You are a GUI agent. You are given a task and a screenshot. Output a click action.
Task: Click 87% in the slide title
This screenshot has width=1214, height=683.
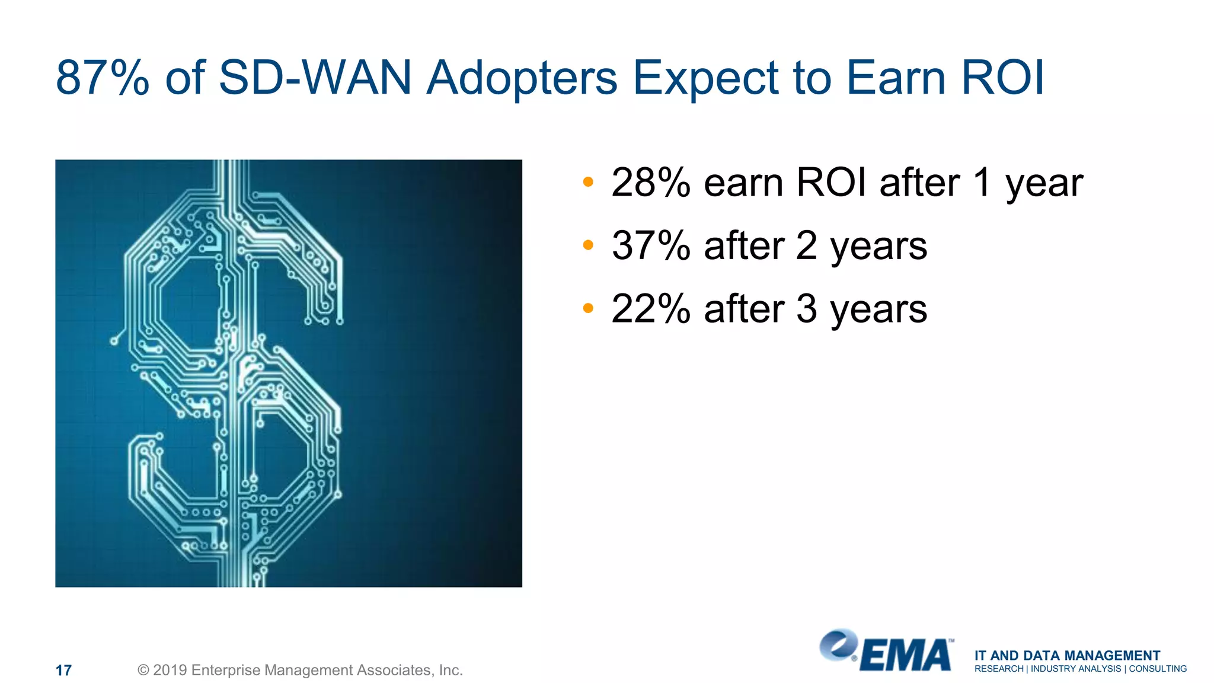pyautogui.click(x=102, y=78)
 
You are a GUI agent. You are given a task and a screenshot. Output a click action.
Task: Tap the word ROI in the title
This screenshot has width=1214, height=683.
pyautogui.click(x=1002, y=78)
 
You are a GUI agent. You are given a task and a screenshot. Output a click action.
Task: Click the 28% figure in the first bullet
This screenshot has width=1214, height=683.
pyautogui.click(x=651, y=183)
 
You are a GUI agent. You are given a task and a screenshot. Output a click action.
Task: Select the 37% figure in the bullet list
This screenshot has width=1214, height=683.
pyautogui.click(x=651, y=245)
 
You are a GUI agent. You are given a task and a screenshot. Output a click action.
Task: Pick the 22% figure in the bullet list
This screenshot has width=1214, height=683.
pyautogui.click(x=651, y=309)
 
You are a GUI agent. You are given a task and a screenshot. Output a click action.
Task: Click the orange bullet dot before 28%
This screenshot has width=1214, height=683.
pyautogui.click(x=587, y=181)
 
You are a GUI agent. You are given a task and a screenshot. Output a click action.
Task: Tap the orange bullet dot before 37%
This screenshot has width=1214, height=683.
pyautogui.click(x=587, y=245)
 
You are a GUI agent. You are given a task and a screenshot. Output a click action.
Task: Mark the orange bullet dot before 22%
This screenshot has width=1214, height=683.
pyautogui.click(x=587, y=308)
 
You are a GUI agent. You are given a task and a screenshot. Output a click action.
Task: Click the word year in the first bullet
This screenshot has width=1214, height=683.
pyautogui.click(x=1044, y=185)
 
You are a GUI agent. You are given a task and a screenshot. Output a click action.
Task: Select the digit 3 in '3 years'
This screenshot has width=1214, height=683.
pyautogui.click(x=806, y=309)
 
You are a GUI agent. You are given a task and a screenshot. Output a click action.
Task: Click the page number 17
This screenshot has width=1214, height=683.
pyautogui.click(x=63, y=671)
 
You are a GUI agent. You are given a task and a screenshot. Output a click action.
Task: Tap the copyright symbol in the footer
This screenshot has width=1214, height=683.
pyautogui.click(x=143, y=670)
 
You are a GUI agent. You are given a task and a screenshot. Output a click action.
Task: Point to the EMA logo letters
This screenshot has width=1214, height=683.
pyautogui.click(x=905, y=656)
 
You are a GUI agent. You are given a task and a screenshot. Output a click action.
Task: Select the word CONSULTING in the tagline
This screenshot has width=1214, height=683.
pyautogui.click(x=1158, y=669)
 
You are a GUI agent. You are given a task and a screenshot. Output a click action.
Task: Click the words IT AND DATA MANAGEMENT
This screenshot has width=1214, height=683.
pyautogui.click(x=1067, y=655)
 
